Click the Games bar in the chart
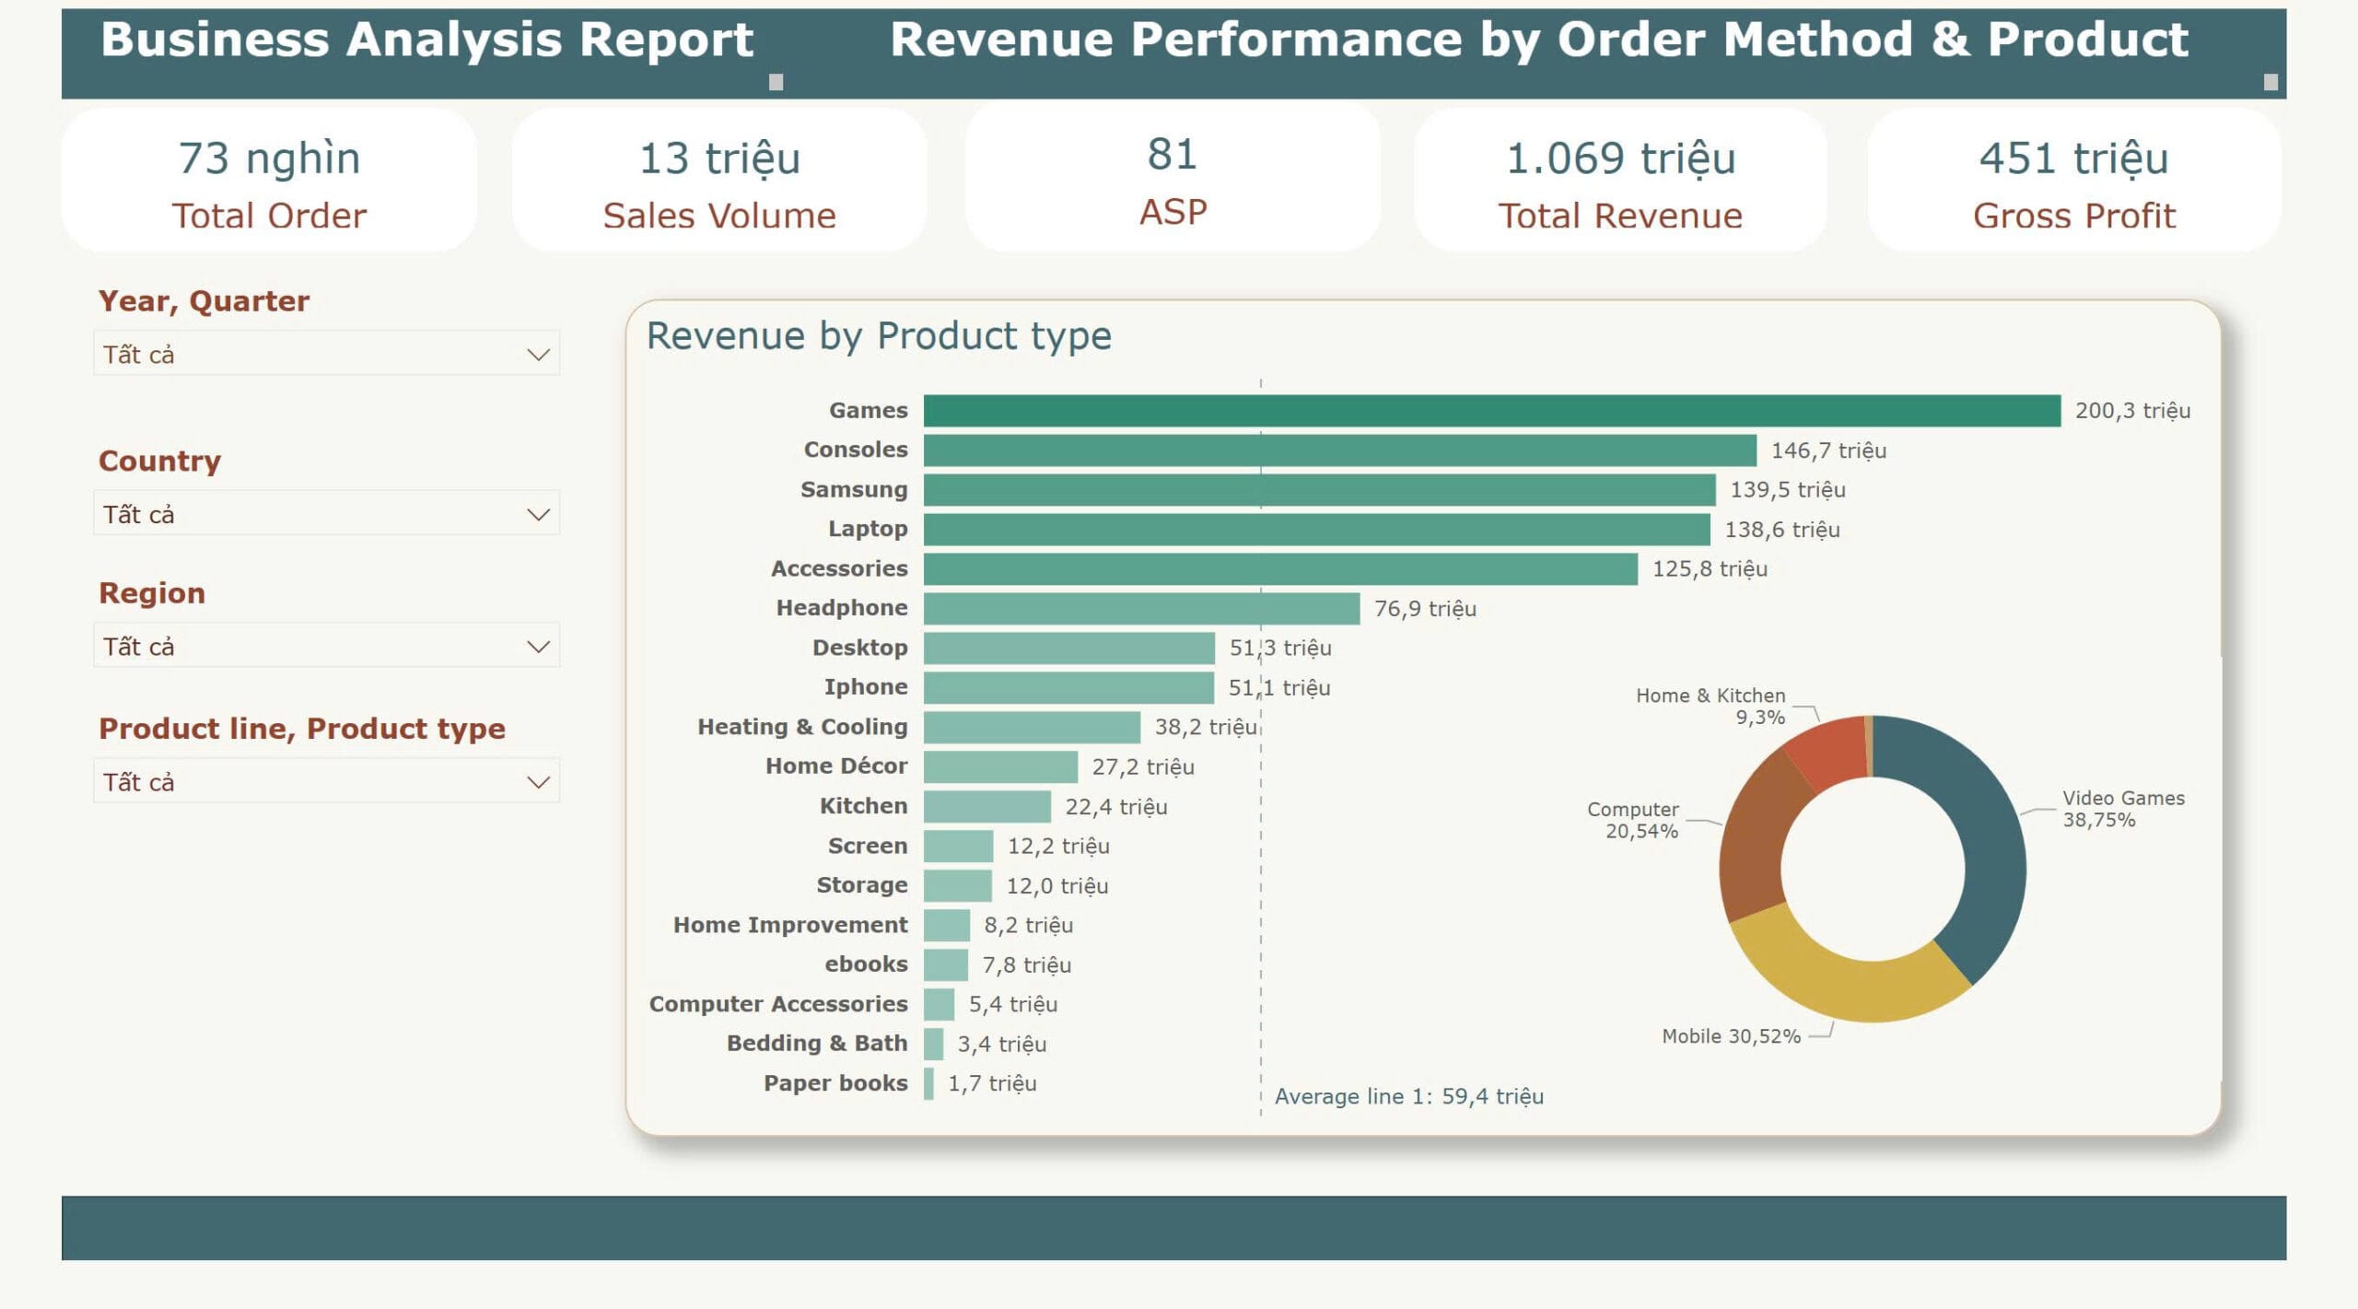1491,411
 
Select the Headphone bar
1141,609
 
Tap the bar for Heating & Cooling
1032,728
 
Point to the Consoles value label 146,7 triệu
1827,450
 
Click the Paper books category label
835,1083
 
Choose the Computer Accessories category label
777,1004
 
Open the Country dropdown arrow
538,514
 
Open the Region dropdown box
326,647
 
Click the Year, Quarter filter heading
204,301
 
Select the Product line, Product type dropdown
326,782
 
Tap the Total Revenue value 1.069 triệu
1620,158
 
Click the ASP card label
1173,213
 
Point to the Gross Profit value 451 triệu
2073,158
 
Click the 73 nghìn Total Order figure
269,158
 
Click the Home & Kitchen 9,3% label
1710,707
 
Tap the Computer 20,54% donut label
1632,820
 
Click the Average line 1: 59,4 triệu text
1408,1097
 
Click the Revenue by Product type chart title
879,336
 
